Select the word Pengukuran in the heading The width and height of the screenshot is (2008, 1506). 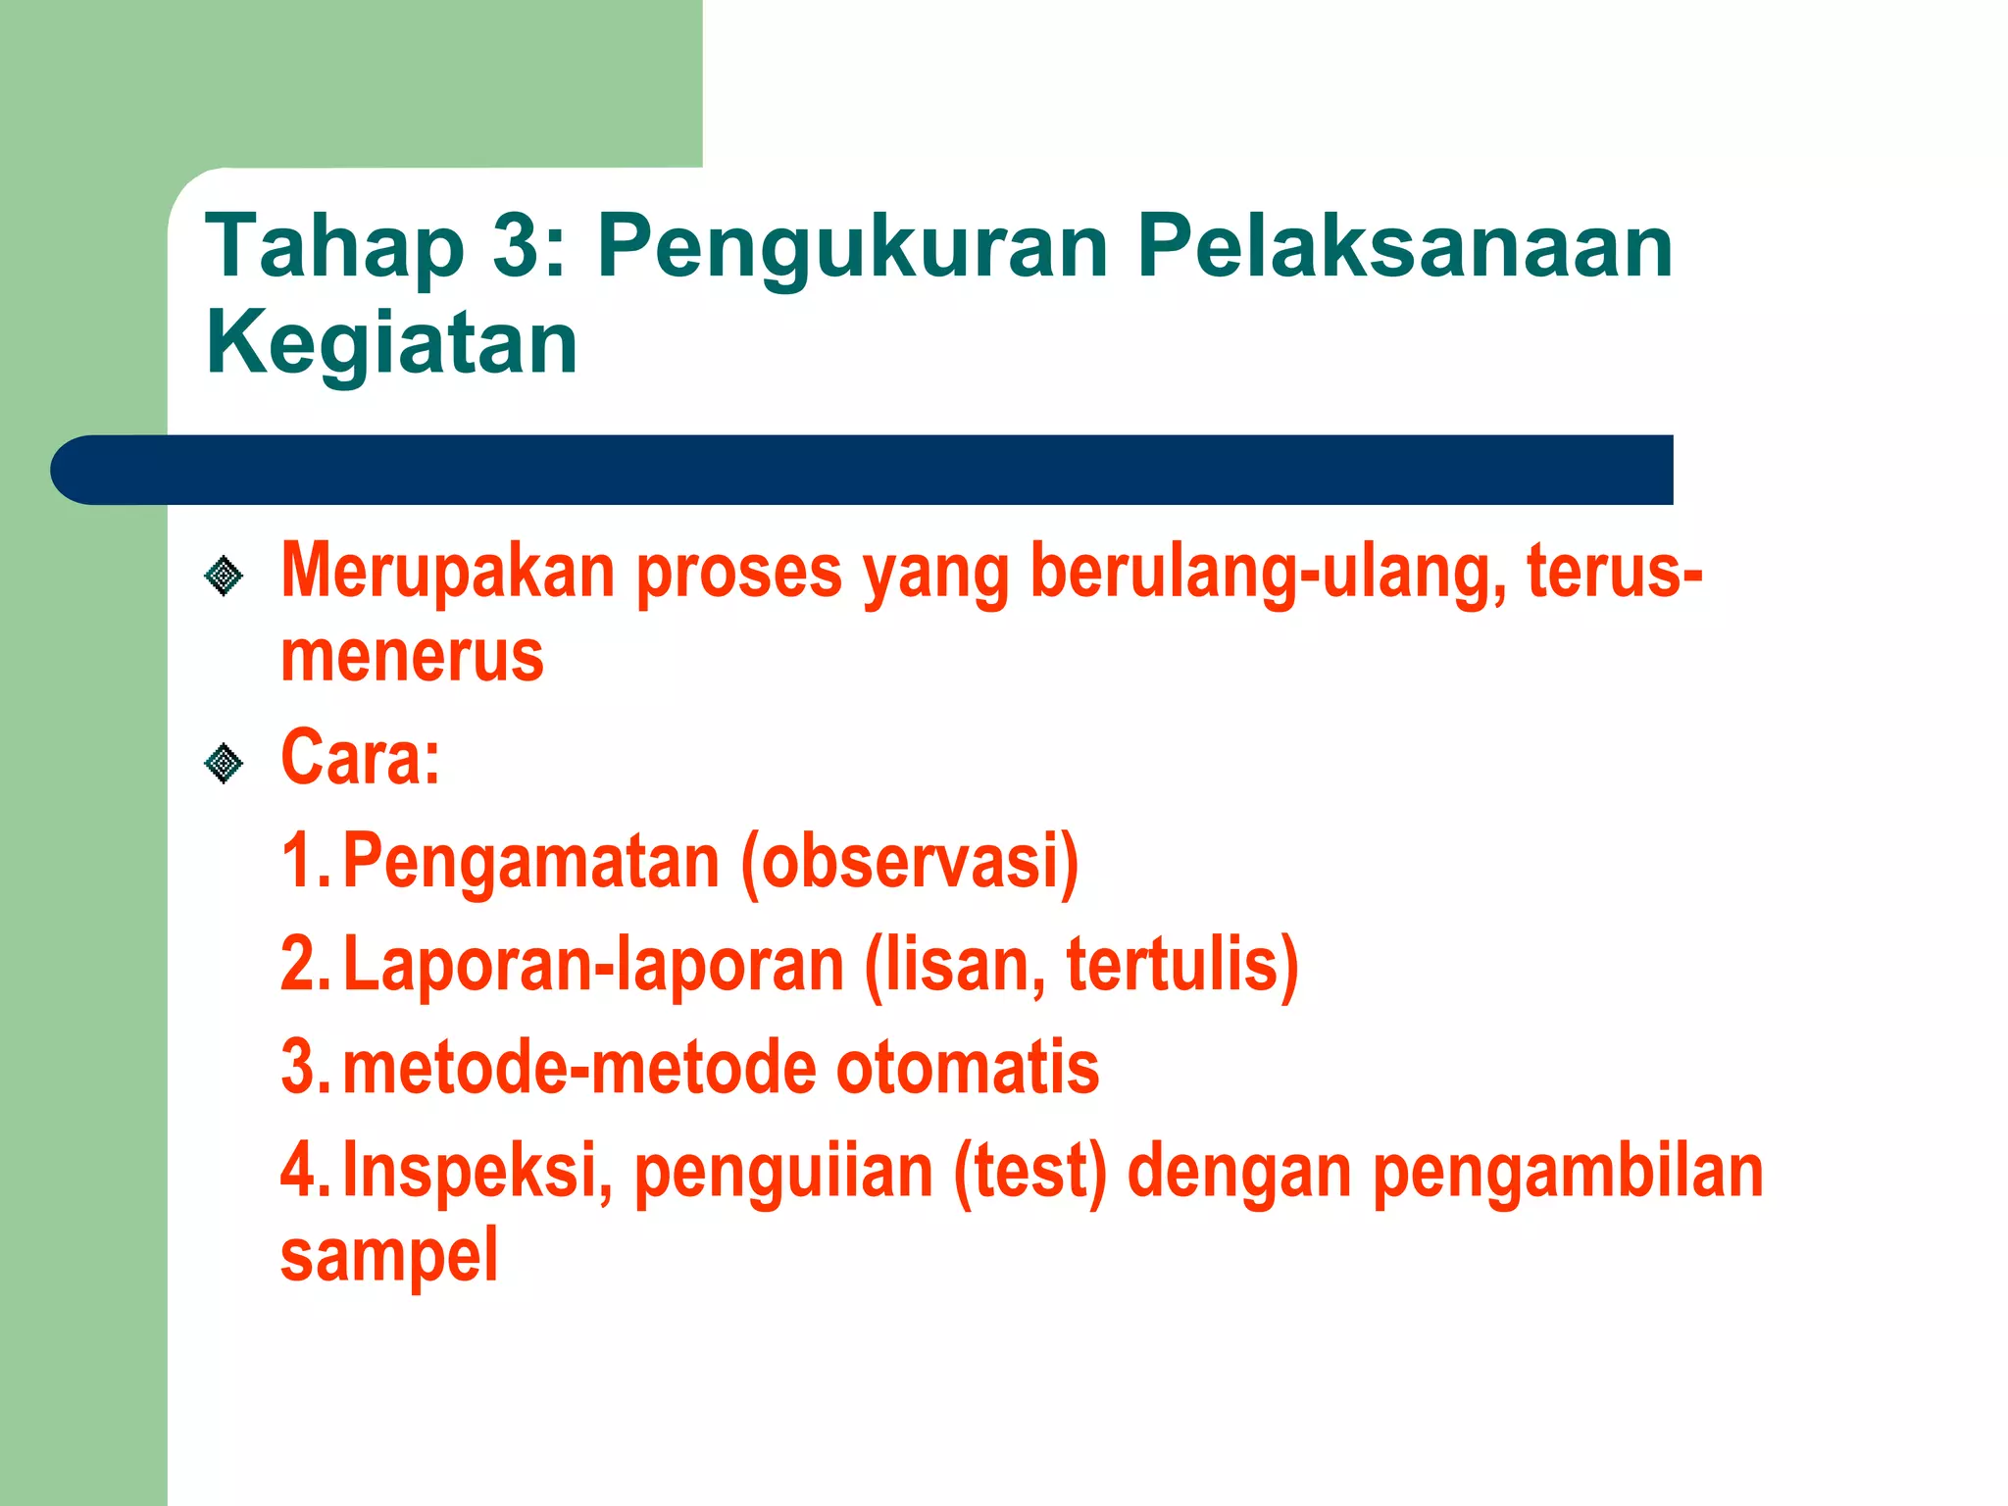click(x=852, y=250)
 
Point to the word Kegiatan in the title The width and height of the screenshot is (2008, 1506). click(x=391, y=343)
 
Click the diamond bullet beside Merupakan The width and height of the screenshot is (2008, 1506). click(x=224, y=576)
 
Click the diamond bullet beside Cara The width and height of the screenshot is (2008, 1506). click(x=224, y=763)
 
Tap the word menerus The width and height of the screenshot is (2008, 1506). click(x=412, y=656)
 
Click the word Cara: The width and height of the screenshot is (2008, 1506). click(x=360, y=758)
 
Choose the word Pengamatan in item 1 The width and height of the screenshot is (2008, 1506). click(x=530, y=861)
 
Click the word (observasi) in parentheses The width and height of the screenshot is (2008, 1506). click(x=909, y=861)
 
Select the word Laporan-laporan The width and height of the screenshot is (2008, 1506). click(x=593, y=965)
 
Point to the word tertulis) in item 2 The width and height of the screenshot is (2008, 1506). click(x=1181, y=965)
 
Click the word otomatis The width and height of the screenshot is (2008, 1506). click(x=967, y=1068)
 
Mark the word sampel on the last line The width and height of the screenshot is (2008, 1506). click(x=389, y=1255)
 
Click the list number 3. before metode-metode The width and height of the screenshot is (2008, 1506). click(x=304, y=1068)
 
